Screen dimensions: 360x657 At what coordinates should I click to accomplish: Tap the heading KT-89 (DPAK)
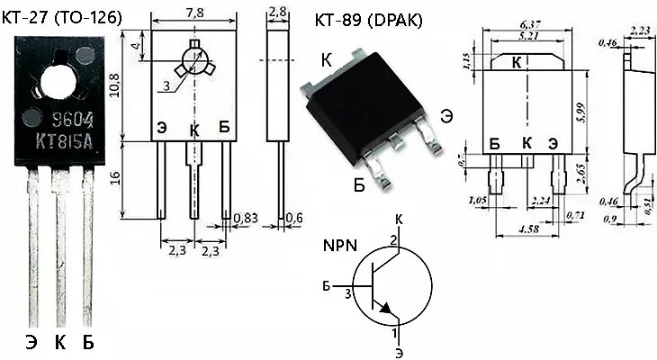coord(369,20)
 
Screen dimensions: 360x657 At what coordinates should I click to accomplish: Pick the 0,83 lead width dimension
coord(245,218)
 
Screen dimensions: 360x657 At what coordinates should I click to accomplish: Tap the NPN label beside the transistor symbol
coord(338,245)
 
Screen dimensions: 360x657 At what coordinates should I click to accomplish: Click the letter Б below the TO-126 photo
coord(88,342)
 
